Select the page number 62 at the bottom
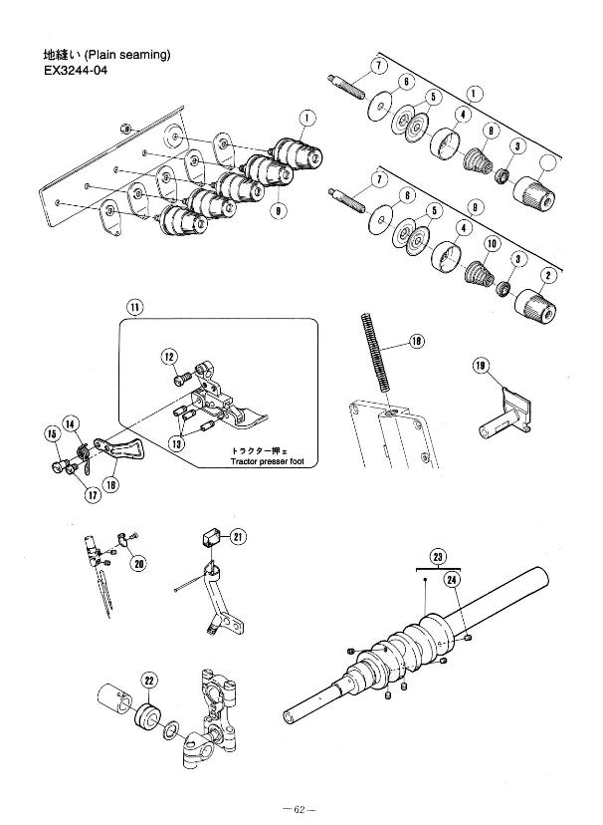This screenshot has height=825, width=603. click(x=301, y=803)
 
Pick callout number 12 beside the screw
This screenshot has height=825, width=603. click(x=169, y=357)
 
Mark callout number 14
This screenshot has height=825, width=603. click(x=72, y=423)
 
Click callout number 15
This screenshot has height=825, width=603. click(x=52, y=433)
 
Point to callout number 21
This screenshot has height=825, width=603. click(x=238, y=537)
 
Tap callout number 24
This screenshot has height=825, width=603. click(x=452, y=580)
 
